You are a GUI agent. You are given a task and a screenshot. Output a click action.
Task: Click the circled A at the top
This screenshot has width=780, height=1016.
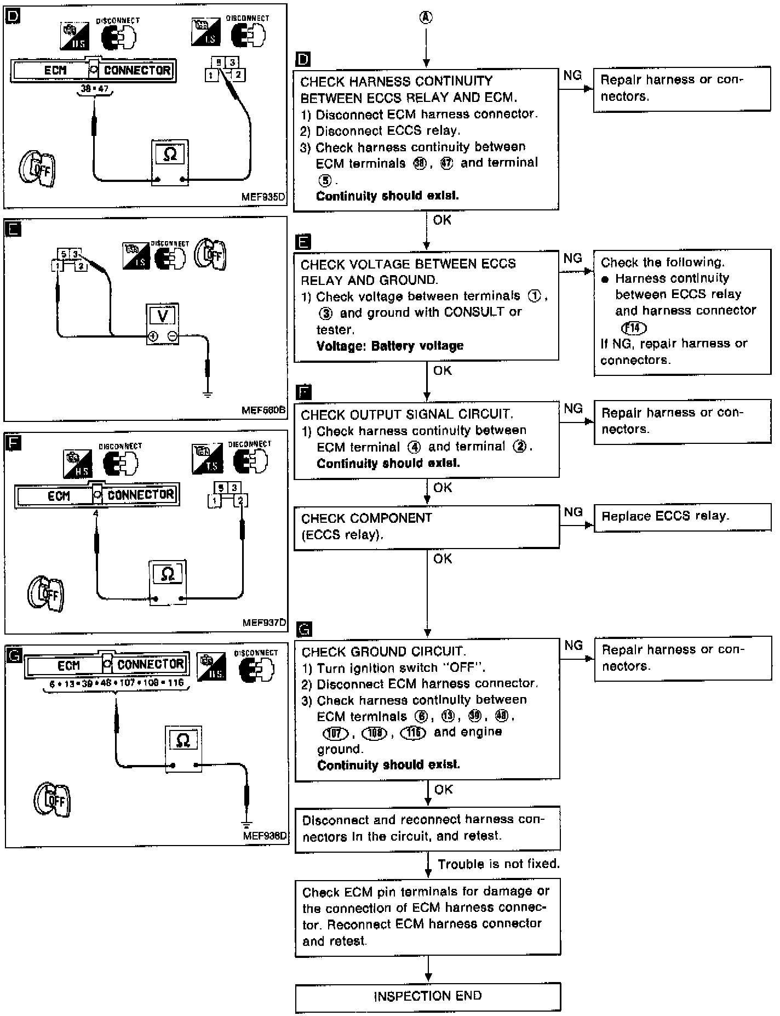tap(426, 18)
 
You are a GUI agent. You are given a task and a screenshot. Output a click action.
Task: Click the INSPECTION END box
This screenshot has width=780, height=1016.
tap(428, 995)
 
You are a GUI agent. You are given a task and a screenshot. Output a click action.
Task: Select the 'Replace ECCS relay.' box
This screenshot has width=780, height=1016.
tap(682, 517)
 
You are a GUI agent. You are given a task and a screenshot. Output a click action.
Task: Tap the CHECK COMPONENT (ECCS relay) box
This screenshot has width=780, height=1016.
tap(427, 526)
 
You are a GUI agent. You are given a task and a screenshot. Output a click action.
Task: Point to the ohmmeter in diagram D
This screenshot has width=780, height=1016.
tap(170, 163)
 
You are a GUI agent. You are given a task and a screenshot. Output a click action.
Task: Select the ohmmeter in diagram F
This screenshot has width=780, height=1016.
tap(168, 582)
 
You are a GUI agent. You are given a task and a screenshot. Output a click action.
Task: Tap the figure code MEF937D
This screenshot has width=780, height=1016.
tap(264, 623)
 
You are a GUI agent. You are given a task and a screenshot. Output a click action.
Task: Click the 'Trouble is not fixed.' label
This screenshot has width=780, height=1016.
tap(498, 864)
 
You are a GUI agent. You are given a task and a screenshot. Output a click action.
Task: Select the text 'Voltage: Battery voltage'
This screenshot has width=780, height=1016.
tap(390, 346)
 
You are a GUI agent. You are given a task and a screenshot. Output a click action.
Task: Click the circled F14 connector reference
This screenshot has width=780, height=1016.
tap(634, 328)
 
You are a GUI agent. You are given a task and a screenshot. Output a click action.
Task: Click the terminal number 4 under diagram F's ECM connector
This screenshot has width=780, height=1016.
tap(96, 513)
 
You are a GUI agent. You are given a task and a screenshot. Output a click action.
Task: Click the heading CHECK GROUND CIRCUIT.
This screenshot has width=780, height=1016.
tap(383, 652)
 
